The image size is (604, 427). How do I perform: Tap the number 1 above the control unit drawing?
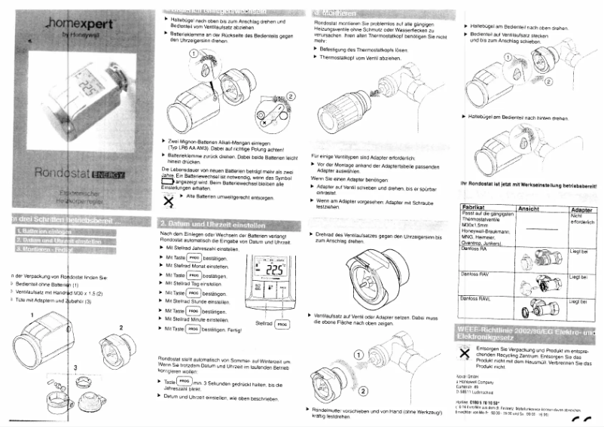pos(32,313)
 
